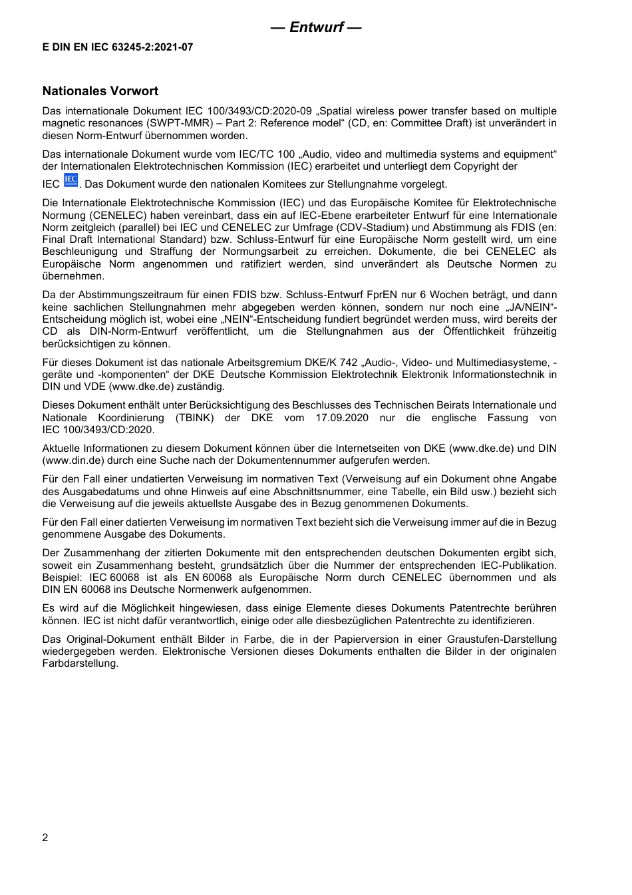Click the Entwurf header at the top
[x=316, y=27]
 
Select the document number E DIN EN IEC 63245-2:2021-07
[x=118, y=48]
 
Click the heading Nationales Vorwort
[x=100, y=91]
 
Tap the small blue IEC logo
[x=71, y=181]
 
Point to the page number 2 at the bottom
[x=45, y=837]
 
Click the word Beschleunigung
[x=79, y=252]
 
